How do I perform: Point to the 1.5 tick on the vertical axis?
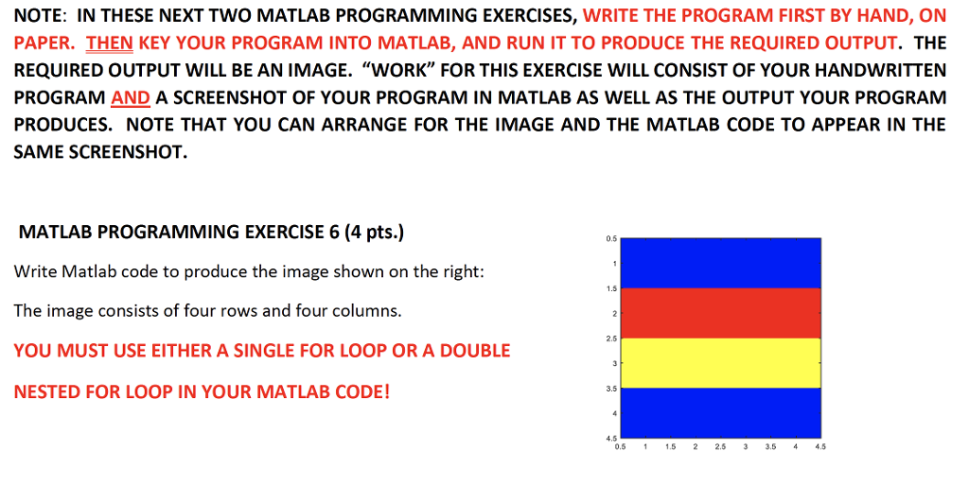[613, 287]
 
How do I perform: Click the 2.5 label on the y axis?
[613, 338]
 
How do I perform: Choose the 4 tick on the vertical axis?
[615, 413]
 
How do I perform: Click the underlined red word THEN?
[110, 43]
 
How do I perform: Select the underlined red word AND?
[131, 97]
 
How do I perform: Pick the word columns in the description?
[366, 310]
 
